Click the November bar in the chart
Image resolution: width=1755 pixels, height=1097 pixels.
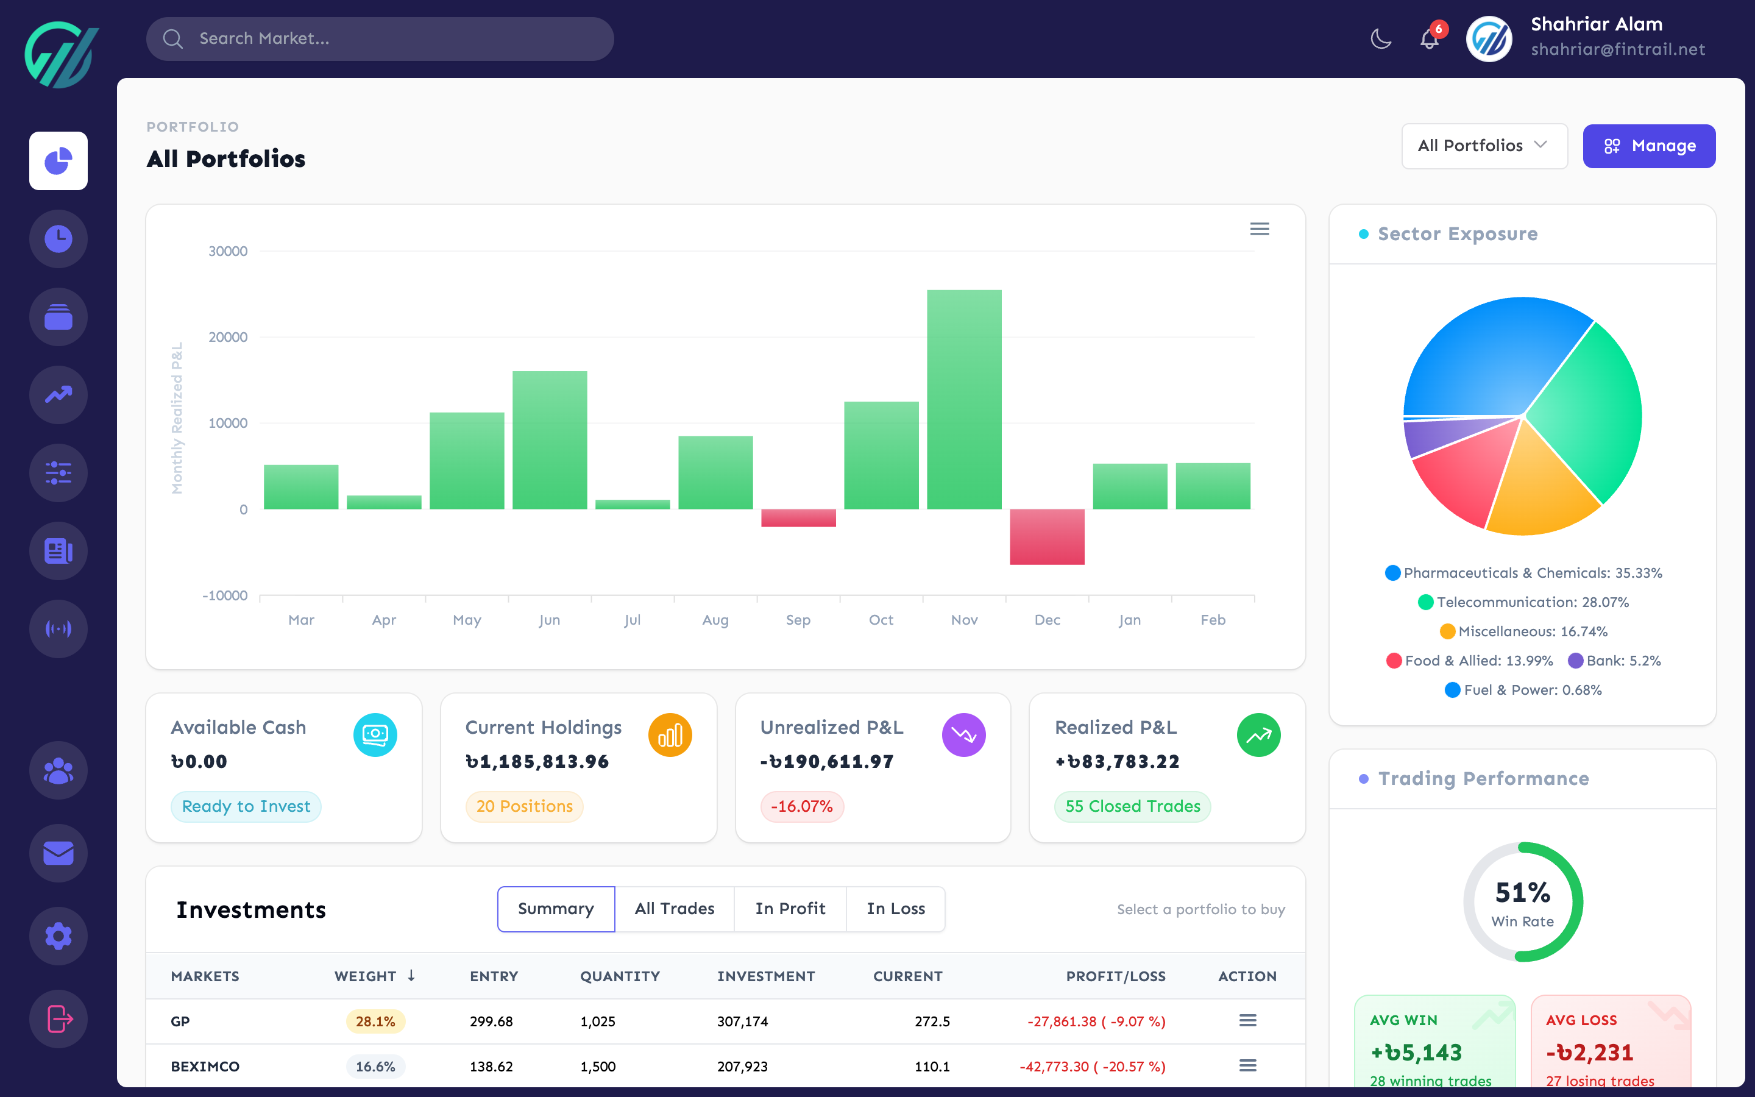(x=964, y=399)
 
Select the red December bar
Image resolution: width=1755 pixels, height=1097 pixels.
(x=1046, y=536)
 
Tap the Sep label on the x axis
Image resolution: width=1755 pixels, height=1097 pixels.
(x=798, y=620)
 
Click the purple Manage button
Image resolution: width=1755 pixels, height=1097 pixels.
(x=1648, y=146)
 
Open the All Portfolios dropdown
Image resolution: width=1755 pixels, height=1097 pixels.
(x=1484, y=146)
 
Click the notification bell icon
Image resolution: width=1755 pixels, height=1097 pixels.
(x=1428, y=39)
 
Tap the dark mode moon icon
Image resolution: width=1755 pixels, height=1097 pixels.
(x=1381, y=39)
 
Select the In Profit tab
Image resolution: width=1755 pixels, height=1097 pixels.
(x=790, y=908)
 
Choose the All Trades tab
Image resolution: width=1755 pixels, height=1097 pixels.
(x=674, y=908)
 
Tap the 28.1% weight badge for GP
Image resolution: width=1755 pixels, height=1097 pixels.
(x=375, y=1021)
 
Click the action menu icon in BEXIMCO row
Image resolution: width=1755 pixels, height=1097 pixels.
(x=1247, y=1066)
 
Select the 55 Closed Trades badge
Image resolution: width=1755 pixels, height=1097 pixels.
(x=1132, y=806)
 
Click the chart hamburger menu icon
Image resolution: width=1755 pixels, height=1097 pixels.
(x=1260, y=229)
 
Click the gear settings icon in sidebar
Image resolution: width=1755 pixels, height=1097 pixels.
(x=58, y=936)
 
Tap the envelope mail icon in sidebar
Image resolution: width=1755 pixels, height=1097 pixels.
(x=58, y=853)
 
